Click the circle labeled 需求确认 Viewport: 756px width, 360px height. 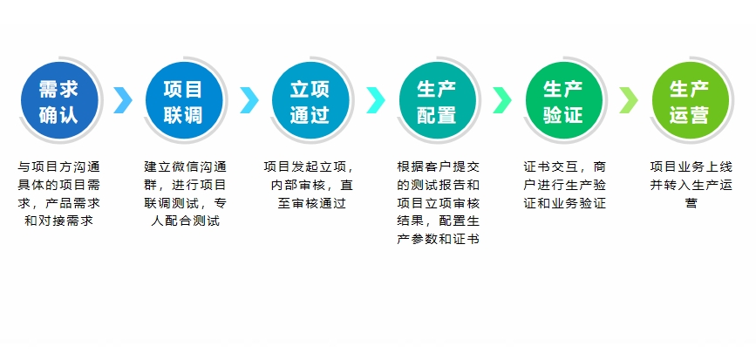point(58,101)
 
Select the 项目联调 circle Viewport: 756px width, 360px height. point(184,101)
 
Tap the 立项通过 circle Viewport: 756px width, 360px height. point(310,101)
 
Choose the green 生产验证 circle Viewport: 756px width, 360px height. point(563,101)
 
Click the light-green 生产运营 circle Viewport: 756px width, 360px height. point(690,101)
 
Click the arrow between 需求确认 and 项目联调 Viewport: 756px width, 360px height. point(123,100)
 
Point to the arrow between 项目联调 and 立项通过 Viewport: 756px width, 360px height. point(249,100)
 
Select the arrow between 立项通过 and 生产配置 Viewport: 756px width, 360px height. point(375,100)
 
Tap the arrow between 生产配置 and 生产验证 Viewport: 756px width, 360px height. point(501,100)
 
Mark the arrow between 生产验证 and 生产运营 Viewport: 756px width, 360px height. point(628,100)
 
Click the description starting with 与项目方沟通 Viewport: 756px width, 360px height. point(58,193)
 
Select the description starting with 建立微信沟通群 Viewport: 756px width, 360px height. point(184,193)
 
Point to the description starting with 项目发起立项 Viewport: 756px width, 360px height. point(310,184)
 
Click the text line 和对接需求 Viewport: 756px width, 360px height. point(58,221)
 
